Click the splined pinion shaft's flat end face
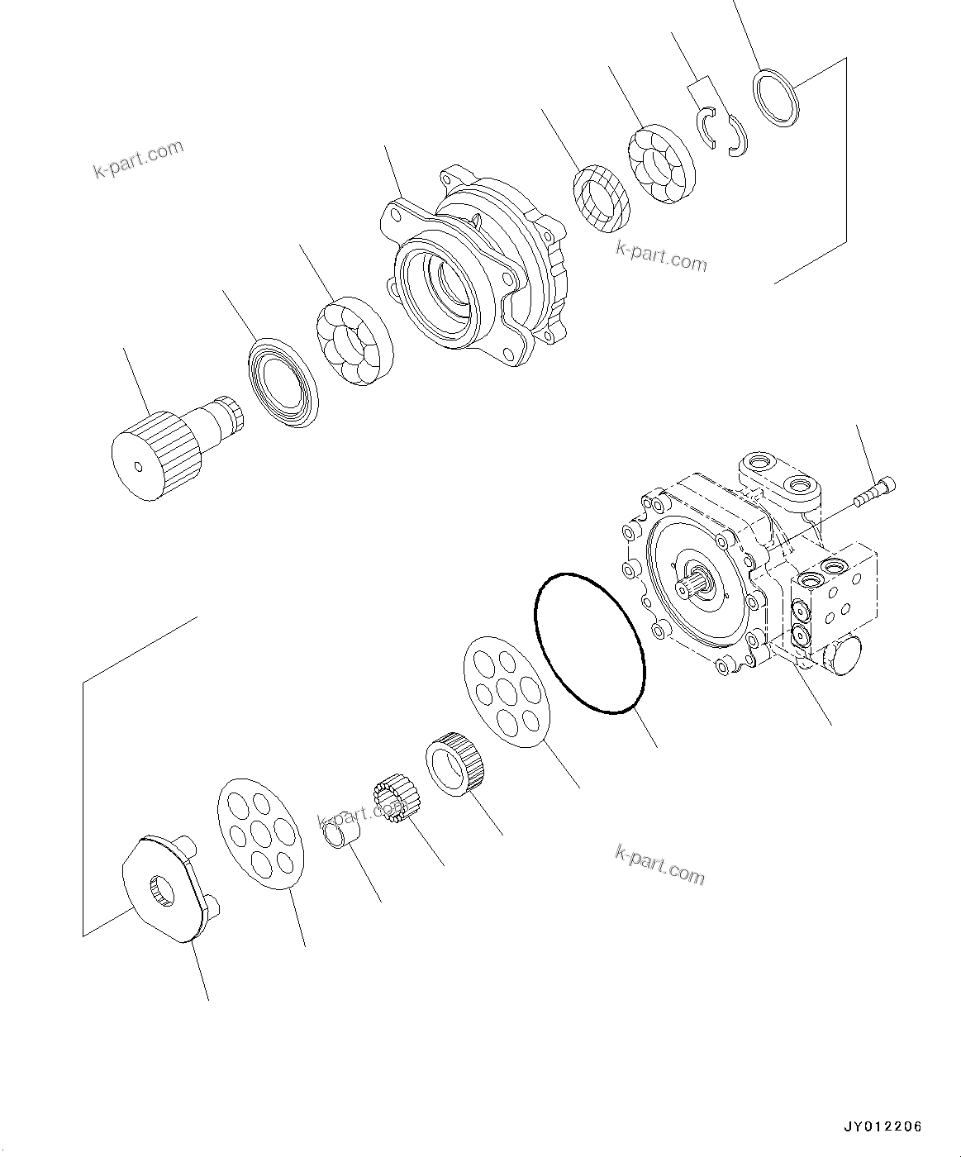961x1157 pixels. pyautogui.click(x=138, y=466)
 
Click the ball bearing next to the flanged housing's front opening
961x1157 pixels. pyautogui.click(x=354, y=345)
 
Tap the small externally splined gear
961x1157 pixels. pyautogui.click(x=396, y=800)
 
